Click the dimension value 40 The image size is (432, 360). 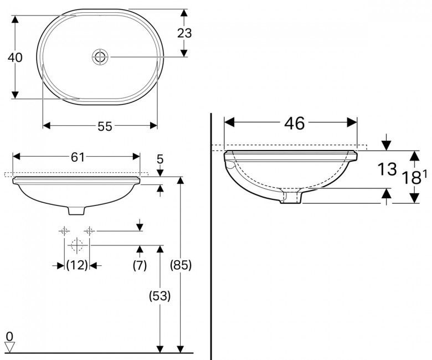16,57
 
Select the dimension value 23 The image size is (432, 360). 184,33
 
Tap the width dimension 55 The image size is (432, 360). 105,126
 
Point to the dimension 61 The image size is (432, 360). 78,157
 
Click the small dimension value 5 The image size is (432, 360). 160,159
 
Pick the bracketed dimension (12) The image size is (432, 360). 77,265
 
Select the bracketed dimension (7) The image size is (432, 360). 140,265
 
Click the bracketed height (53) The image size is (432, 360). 160,296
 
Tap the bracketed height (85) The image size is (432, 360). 180,265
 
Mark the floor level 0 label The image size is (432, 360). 9,336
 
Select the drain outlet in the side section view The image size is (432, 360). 291,198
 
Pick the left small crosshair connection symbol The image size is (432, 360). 64,230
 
